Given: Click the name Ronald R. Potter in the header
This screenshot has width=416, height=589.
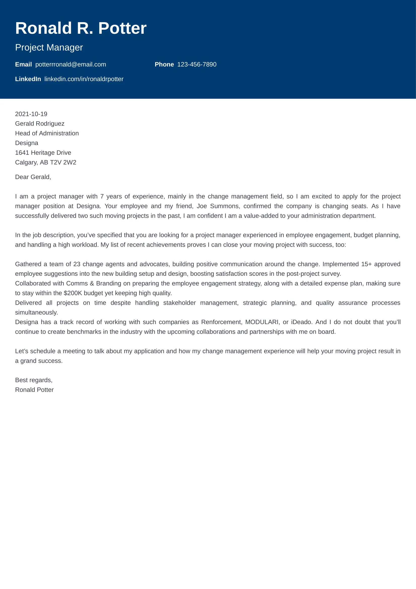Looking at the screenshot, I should coord(81,28).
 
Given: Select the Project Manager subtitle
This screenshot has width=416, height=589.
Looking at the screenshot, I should coord(49,47).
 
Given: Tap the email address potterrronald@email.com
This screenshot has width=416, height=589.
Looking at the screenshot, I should coord(70,64).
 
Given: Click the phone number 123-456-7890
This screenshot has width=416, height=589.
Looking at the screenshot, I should coord(197,64).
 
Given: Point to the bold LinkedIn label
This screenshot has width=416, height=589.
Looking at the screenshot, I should coord(28,79).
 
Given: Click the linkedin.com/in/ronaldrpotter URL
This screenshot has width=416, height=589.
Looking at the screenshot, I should coord(84,79).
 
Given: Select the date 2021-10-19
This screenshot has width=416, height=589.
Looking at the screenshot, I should coord(31,114).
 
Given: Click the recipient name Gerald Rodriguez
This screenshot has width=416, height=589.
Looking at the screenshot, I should coord(40,124).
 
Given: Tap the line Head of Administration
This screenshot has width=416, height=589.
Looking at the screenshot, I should coord(47,133).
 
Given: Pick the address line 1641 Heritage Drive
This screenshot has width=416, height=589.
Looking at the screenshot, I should coord(43,153).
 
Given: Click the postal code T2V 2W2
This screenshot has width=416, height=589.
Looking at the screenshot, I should coord(63,162).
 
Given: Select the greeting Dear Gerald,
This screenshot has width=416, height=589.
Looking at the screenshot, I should coord(33,177).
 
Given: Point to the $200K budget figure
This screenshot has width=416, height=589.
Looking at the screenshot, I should coord(72,293).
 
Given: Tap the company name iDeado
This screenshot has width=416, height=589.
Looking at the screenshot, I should coord(301,322).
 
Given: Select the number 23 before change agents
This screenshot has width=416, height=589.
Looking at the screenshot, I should coord(77,264).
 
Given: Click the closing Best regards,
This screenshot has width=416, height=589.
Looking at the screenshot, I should coord(33,380).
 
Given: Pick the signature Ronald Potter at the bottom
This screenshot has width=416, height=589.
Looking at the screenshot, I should coord(34,390).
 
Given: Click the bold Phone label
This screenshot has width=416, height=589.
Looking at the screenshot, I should coord(164,64).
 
